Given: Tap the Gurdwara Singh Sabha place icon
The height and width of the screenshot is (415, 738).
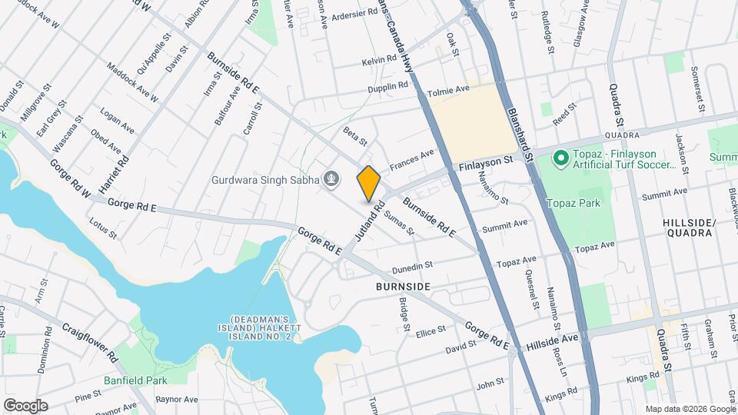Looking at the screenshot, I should (x=331, y=180).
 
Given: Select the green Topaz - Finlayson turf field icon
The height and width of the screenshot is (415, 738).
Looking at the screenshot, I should (x=561, y=159).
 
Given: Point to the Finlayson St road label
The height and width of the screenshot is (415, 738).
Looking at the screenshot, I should (x=486, y=163).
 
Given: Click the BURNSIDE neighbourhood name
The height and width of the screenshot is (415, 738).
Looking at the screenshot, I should (x=402, y=286).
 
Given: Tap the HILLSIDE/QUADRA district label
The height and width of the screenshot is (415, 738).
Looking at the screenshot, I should (x=689, y=227).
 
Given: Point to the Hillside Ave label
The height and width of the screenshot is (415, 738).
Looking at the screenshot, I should (x=552, y=339).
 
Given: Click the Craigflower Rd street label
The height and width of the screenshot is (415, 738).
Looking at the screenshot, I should (x=89, y=342).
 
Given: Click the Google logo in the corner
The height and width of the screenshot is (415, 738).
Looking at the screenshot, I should (x=25, y=405).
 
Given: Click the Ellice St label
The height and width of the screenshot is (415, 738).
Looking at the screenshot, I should (x=430, y=330).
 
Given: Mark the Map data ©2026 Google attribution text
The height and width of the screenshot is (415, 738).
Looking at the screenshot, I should (x=690, y=409).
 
